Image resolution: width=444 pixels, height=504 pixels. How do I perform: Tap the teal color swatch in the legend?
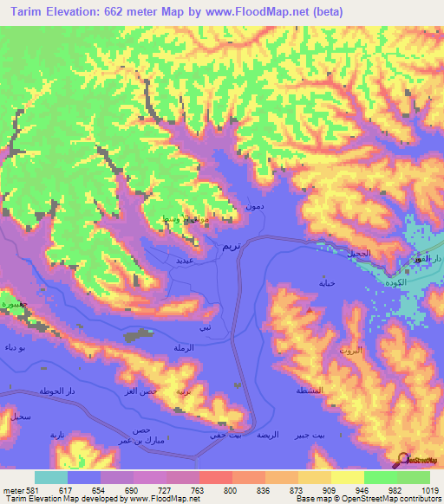coord(51,477)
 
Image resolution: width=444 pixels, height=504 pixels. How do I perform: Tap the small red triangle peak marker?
coord(310,307)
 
